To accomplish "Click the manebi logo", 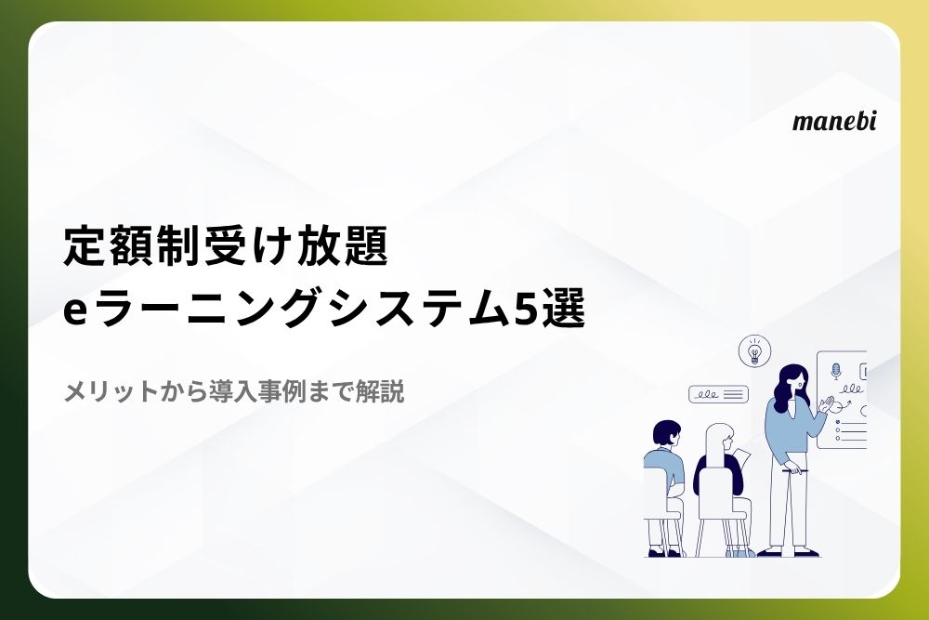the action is (x=833, y=121).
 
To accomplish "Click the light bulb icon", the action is (x=754, y=350).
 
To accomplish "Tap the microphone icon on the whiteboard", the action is (x=836, y=372).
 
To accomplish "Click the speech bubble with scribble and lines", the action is (x=718, y=394).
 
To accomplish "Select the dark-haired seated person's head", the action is (x=666, y=432).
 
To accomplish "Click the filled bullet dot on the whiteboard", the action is (x=837, y=422).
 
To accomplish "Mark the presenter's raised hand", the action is (x=826, y=405).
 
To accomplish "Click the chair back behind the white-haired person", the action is (x=717, y=491).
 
